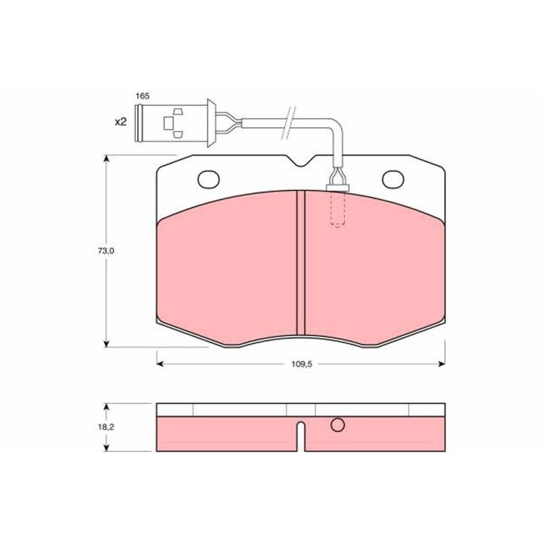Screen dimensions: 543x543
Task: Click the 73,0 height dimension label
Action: point(106,250)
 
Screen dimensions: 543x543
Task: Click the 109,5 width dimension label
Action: point(302,364)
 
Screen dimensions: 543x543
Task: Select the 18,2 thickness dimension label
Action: point(106,427)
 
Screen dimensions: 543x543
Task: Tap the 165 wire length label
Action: point(143,96)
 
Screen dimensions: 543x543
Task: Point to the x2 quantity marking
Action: point(121,121)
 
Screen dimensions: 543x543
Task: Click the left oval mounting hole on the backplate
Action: point(208,179)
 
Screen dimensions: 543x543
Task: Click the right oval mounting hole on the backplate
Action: point(393,179)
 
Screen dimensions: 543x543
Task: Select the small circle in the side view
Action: point(337,425)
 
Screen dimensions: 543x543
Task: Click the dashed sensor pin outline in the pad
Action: point(337,209)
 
